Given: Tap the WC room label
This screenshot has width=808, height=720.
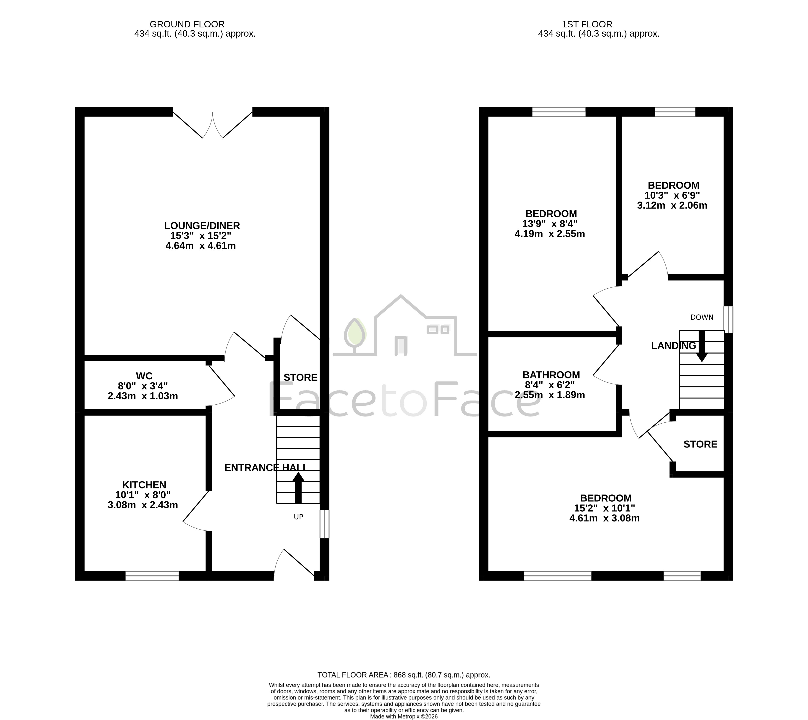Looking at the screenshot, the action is tap(144, 376).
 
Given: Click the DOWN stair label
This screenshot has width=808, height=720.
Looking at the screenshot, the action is tap(702, 317).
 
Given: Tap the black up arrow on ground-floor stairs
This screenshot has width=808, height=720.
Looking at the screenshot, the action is tap(298, 488).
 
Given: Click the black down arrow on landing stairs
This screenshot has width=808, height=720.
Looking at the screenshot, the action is tap(702, 346).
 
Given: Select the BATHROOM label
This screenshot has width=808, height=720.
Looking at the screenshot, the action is tap(551, 375).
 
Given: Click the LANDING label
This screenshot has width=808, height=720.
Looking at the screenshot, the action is tap(673, 346).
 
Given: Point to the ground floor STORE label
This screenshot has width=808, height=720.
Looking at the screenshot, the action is tap(300, 378).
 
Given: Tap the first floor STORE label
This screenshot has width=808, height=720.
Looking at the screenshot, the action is tap(700, 444).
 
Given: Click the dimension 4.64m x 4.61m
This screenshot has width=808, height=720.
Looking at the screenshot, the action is tap(201, 246).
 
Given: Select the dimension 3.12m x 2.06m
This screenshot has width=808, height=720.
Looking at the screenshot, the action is tap(672, 205).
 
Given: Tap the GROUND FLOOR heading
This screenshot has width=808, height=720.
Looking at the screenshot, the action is tap(187, 24).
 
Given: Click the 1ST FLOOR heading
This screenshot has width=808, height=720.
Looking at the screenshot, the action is tap(587, 24).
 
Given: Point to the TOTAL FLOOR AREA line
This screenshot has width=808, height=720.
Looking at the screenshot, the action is tap(404, 675).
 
